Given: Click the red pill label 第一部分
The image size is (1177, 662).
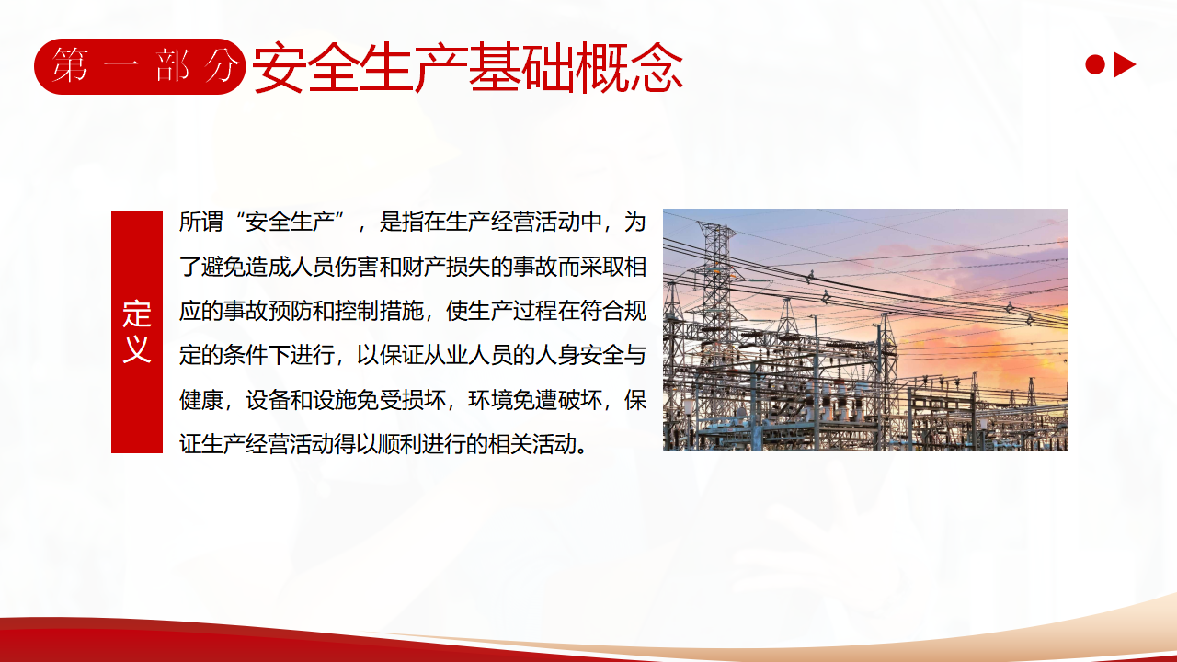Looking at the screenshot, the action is pos(140,66).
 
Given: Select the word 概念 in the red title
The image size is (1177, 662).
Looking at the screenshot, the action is pos(630,68).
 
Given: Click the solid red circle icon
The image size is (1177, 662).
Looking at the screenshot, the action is pos(1095,65).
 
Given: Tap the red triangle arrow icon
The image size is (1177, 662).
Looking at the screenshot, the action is pos(1124,65).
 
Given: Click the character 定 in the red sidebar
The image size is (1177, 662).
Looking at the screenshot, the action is pos(137,314).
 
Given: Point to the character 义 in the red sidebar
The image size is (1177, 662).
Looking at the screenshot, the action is pos(137,348).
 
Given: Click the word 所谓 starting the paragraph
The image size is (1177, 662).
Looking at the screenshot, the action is pos(200,222).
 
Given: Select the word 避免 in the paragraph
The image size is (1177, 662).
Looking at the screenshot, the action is pos(223,267).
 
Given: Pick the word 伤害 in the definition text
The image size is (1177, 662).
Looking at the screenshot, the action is pos(356,267).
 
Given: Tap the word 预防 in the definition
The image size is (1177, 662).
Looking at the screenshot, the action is pos(290,311).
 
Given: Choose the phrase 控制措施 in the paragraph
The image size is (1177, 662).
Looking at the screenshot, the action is pos(379,311).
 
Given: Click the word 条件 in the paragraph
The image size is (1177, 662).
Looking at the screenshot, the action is pos(246,356).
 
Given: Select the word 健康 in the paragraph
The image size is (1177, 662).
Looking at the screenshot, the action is pos(200,400).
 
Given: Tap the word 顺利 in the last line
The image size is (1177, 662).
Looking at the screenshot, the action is pos(401,444).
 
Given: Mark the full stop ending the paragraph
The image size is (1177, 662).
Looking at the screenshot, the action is pos(582,451).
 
